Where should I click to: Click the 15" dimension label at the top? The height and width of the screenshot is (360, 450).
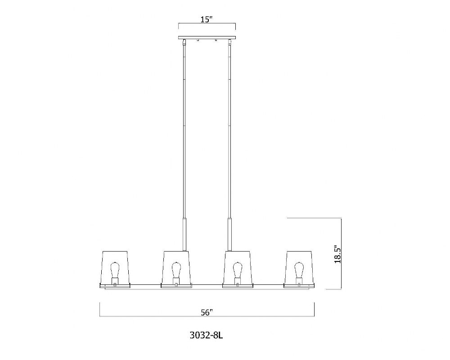tap(207, 19)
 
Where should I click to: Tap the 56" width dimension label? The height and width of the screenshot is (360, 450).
tap(207, 312)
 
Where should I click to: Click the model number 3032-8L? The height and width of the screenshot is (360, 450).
tap(207, 335)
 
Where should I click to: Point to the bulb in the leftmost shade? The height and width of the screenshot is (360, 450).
tap(115, 270)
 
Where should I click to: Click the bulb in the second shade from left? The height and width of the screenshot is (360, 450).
tap(176, 270)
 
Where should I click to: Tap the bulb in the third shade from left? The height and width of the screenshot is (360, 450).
tap(237, 270)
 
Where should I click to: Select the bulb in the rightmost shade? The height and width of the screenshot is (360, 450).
tap(299, 270)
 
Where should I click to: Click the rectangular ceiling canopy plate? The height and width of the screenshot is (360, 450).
tap(207, 38)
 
